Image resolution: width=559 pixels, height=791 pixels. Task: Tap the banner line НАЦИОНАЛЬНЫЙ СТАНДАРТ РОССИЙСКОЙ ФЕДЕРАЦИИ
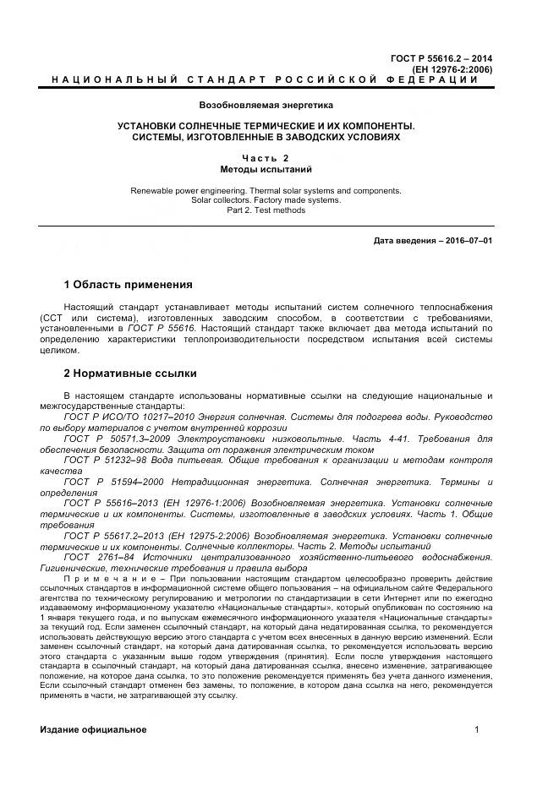[265, 79]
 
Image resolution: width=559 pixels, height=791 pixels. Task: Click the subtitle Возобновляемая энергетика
[266, 106]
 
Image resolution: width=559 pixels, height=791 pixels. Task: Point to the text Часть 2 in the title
[266, 158]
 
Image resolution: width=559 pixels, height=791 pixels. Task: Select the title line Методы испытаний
[266, 169]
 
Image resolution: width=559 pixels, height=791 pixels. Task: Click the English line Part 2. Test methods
[266, 210]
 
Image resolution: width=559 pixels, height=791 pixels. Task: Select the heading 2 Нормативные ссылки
[130, 373]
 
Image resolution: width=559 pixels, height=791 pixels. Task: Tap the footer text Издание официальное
[93, 729]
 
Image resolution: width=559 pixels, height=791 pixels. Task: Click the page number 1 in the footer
[477, 729]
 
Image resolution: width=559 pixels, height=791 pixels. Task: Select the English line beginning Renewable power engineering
[266, 191]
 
